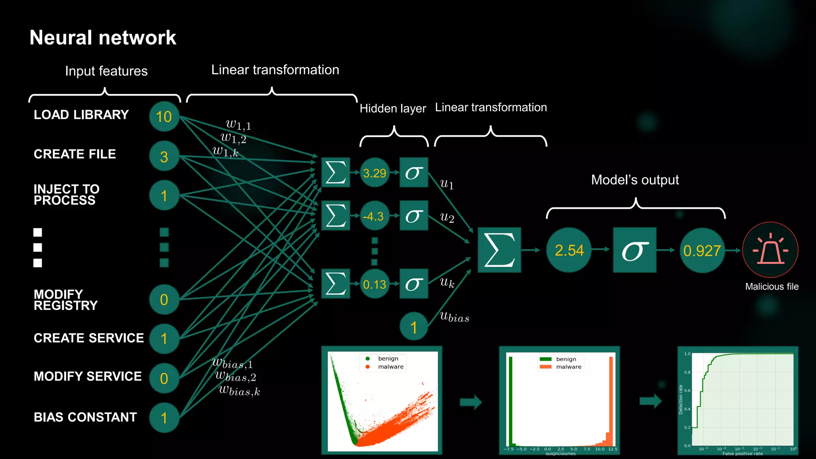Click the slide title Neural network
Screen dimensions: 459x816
pyautogui.click(x=103, y=38)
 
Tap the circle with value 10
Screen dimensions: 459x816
pyautogui.click(x=164, y=117)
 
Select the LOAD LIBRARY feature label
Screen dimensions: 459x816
pyautogui.click(x=81, y=115)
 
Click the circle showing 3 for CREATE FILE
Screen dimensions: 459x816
pyautogui.click(x=164, y=157)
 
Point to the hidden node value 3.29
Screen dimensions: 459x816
pyautogui.click(x=374, y=173)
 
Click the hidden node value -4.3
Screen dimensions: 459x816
pyautogui.click(x=374, y=216)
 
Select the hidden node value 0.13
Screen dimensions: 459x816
pyautogui.click(x=374, y=284)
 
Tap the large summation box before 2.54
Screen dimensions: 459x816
pyautogui.click(x=499, y=250)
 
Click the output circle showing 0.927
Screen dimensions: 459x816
pyautogui.click(x=702, y=251)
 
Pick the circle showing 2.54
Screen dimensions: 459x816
pyautogui.click(x=569, y=250)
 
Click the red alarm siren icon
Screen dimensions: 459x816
pyautogui.click(x=770, y=250)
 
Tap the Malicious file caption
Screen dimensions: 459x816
pyautogui.click(x=772, y=286)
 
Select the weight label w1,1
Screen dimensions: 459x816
pyautogui.click(x=238, y=125)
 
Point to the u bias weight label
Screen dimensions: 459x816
pyautogui.click(x=454, y=317)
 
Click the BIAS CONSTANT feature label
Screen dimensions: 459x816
pyautogui.click(x=85, y=417)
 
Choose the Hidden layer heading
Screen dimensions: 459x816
pyautogui.click(x=392, y=108)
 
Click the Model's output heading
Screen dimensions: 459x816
pyautogui.click(x=635, y=180)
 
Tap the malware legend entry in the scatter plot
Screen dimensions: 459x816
pyautogui.click(x=390, y=367)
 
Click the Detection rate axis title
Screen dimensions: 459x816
pyautogui.click(x=681, y=400)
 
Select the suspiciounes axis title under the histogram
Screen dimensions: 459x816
pyautogui.click(x=560, y=453)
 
